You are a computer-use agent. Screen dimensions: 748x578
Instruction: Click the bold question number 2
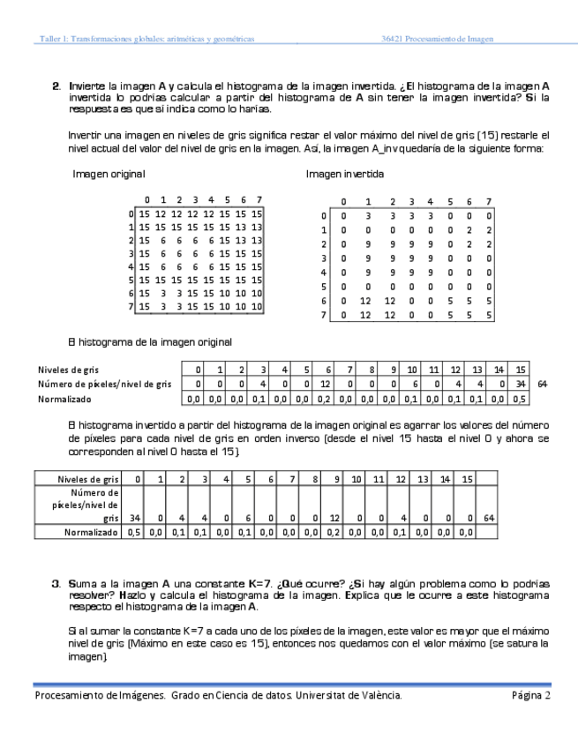pyautogui.click(x=56, y=86)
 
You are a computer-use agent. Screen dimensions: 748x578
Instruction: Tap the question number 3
pyautogui.click(x=56, y=584)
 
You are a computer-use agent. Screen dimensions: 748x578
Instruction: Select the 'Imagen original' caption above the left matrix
pyautogui.click(x=109, y=175)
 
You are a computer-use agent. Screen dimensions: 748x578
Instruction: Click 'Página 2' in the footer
pyautogui.click(x=530, y=696)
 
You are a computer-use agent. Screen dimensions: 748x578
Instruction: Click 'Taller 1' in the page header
pyautogui.click(x=51, y=39)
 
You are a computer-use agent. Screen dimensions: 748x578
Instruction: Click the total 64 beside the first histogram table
pyautogui.click(x=542, y=384)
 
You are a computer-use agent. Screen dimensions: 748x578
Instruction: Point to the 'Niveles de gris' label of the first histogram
pyautogui.click(x=67, y=370)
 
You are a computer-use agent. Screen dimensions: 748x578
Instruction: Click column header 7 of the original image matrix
pyautogui.click(x=257, y=199)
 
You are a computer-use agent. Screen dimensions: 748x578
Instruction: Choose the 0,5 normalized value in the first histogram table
pyautogui.click(x=520, y=399)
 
